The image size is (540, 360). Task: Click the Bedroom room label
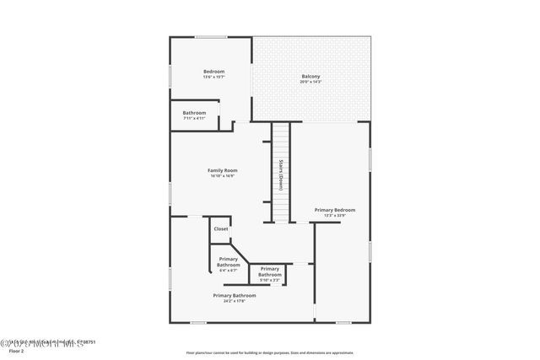213,72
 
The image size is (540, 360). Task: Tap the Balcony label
310,77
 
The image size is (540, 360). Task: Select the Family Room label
223,170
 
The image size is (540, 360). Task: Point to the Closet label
221,228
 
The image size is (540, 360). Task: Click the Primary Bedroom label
335,210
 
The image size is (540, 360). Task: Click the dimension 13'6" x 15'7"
213,77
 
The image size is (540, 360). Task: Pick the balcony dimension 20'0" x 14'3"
310,82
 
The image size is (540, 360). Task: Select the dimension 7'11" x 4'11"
194,118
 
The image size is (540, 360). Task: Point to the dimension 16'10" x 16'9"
223,175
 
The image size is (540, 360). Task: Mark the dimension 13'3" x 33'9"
335,215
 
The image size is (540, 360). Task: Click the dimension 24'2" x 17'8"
234,300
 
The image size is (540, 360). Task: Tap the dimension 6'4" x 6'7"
229,270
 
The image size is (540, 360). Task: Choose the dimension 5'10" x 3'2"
269,279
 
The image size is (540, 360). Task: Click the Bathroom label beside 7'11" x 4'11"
194,113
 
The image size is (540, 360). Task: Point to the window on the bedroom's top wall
211,37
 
